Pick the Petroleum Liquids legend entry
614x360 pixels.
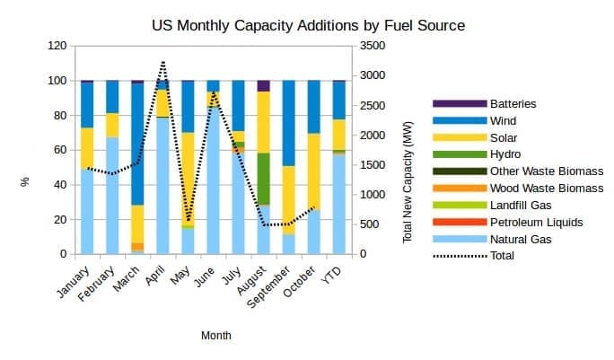536,222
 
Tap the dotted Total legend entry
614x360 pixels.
503,256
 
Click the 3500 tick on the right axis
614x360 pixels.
373,46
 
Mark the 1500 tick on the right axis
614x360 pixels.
373,165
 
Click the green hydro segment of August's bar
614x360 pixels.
264,179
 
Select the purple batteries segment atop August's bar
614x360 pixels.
264,85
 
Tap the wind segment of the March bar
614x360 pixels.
137,144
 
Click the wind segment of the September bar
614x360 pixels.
289,123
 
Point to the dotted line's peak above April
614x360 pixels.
163,62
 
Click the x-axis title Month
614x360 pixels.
215,336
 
